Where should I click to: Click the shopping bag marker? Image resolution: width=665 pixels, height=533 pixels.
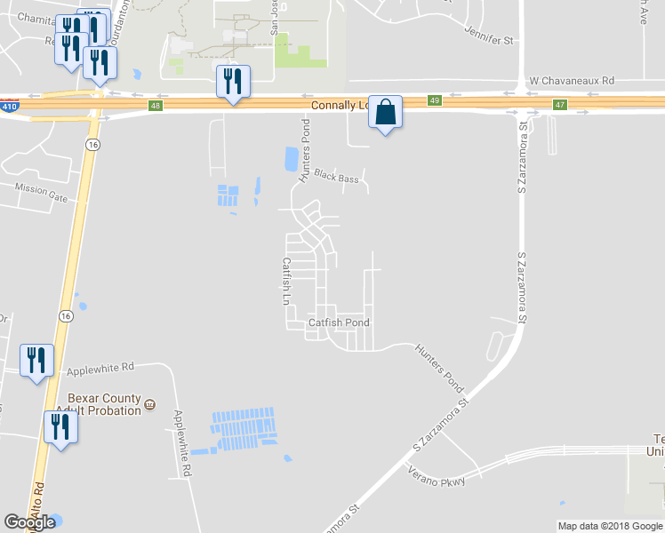coord(385,113)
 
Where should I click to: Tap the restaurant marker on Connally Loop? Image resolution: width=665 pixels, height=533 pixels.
coord(233,82)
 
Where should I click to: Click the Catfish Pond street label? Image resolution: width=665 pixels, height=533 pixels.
coord(339,322)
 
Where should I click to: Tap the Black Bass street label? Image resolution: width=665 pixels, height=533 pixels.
coord(336,179)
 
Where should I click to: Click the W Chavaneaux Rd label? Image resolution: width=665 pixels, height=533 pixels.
coord(572,80)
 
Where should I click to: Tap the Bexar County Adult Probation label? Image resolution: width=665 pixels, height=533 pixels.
coord(104,404)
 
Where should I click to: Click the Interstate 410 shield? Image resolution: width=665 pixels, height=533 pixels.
coord(8,106)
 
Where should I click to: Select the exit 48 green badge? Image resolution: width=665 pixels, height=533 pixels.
coord(156,106)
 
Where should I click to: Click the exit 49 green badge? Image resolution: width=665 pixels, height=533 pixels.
coord(434,101)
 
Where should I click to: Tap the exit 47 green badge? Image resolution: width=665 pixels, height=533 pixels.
coord(560,105)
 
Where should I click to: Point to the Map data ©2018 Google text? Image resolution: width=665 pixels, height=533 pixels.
coord(609,526)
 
